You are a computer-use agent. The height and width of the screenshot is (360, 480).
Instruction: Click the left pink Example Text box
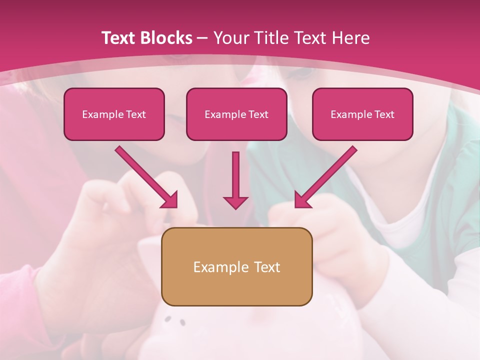(x=114, y=114)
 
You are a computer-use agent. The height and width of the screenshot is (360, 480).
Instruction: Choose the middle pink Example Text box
(x=236, y=114)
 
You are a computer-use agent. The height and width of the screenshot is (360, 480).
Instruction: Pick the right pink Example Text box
(x=362, y=114)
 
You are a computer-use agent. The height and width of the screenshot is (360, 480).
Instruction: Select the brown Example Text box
(x=237, y=266)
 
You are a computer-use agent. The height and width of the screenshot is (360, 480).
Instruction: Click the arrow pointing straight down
(x=235, y=180)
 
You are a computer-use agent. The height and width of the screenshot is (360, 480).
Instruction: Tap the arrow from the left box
(x=145, y=176)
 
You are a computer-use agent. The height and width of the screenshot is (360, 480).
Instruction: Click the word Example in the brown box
(x=220, y=267)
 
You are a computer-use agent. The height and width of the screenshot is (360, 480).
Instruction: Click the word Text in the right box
(x=384, y=114)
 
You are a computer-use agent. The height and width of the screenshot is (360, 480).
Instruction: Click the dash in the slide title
(x=202, y=38)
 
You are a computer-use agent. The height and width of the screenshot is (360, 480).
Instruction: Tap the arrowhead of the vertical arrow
(x=235, y=201)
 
